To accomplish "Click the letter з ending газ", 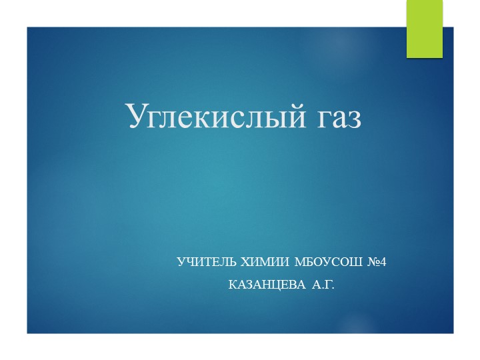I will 353,119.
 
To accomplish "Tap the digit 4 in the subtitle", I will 383,263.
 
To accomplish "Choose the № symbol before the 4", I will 372,263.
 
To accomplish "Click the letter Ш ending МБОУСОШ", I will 353,263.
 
